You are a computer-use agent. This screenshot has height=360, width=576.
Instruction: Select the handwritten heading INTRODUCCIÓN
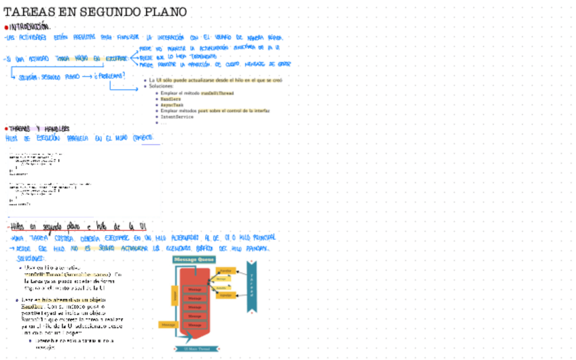coord(31,26)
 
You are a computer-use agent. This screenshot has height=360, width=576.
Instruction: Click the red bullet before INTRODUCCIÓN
coord(6,27)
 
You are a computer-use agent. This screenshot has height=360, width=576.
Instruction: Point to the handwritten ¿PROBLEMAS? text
coord(109,76)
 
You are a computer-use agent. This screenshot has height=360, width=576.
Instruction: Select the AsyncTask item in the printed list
coord(175,105)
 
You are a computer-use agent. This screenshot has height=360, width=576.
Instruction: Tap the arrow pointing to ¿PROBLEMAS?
coord(88,77)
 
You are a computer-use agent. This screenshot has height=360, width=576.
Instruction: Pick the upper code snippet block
coord(34,162)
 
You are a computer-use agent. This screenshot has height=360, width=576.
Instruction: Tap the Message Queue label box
coord(194,259)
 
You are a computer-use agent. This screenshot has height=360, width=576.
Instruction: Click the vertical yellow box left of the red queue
coord(175,295)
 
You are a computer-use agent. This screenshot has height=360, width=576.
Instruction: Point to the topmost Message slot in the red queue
coord(194,289)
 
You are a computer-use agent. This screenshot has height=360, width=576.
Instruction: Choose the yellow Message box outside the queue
coord(166,325)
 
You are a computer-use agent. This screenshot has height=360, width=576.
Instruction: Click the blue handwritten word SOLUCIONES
coord(31,259)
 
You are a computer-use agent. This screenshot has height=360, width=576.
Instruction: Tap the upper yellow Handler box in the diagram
coord(226,270)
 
